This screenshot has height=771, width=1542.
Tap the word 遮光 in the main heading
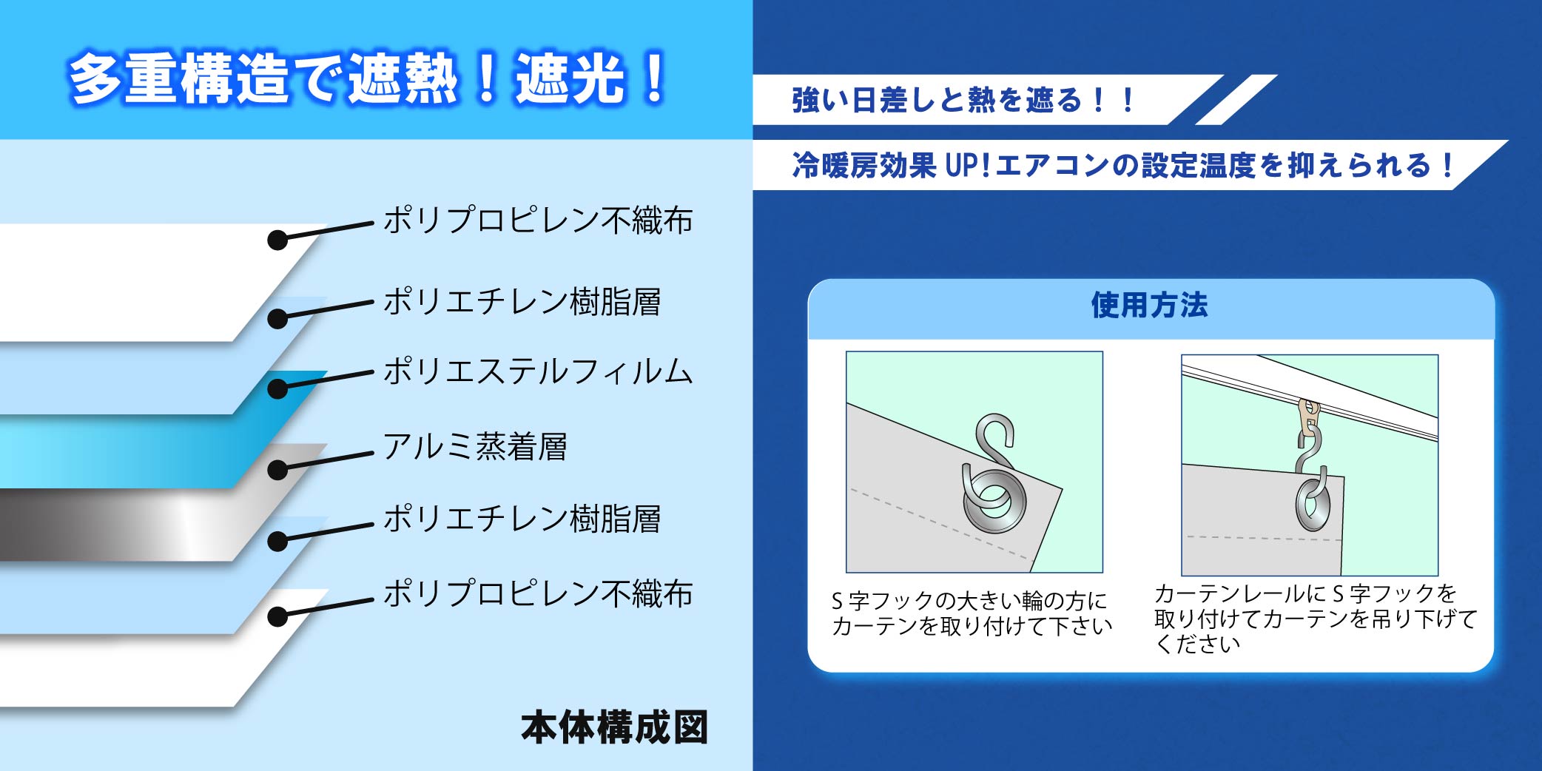click(x=570, y=78)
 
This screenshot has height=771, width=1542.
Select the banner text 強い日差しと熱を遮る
click(x=937, y=100)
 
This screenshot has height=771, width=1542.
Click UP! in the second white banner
click(x=968, y=165)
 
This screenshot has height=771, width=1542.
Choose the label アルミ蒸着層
click(x=475, y=446)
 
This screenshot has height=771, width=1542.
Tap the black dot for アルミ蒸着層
click(x=277, y=469)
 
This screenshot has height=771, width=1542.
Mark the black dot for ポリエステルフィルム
click(x=277, y=388)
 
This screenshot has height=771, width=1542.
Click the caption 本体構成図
click(x=614, y=727)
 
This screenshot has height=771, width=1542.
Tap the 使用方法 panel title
click(x=1149, y=305)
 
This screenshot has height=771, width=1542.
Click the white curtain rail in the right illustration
click(x=1310, y=400)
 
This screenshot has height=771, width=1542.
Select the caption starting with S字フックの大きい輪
click(x=972, y=613)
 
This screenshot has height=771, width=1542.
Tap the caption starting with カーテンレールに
click(x=1316, y=619)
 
